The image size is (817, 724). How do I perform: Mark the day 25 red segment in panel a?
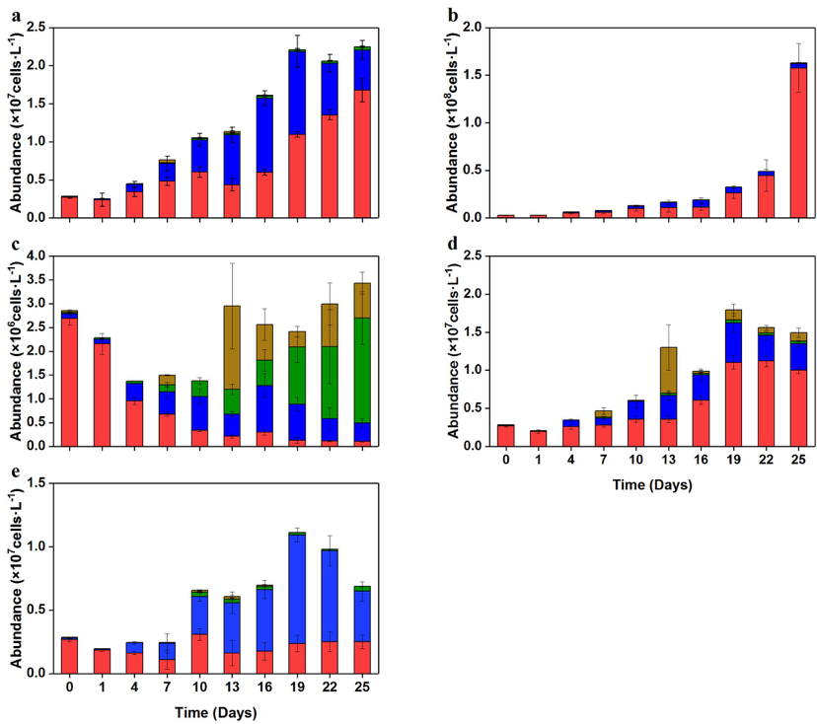click(361, 154)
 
